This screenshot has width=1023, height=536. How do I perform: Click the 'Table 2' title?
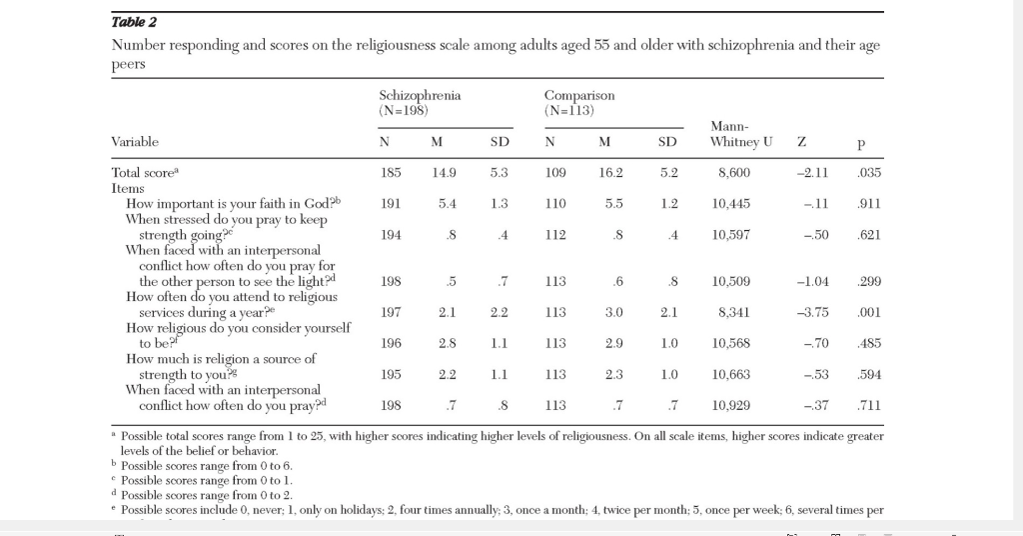pyautogui.click(x=134, y=22)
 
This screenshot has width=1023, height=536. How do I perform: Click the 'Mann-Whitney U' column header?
pyautogui.click(x=740, y=134)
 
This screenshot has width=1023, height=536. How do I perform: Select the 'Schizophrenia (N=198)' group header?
pyautogui.click(x=420, y=102)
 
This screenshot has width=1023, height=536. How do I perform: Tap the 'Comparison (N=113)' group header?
pyautogui.click(x=579, y=102)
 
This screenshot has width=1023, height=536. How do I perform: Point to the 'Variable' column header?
pyautogui.click(x=135, y=142)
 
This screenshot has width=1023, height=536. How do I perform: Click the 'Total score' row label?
pyautogui.click(x=144, y=172)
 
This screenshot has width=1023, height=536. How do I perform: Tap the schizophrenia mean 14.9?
pyautogui.click(x=443, y=173)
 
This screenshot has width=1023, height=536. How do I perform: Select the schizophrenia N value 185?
pyautogui.click(x=392, y=173)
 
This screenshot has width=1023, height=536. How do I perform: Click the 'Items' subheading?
pyautogui.click(x=128, y=187)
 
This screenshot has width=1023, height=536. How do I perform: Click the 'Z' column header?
pyautogui.click(x=802, y=142)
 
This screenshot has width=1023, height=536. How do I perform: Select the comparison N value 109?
pyautogui.click(x=556, y=173)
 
